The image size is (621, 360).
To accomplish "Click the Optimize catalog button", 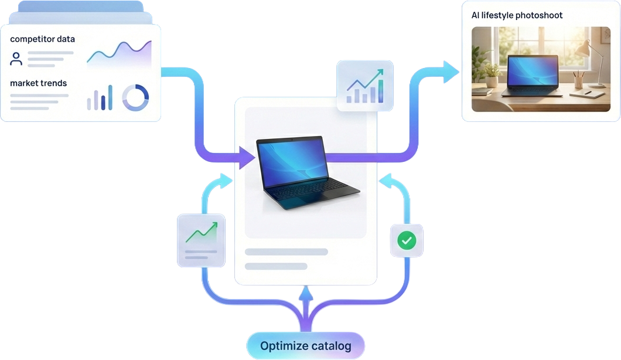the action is point(305,346).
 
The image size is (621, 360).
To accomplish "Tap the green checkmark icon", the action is point(407,240).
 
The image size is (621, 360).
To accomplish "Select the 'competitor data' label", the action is point(42,39).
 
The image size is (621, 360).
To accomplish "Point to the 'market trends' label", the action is point(38,83).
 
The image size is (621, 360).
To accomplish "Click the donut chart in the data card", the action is point(135,97).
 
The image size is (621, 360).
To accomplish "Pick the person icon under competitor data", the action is point(16,59).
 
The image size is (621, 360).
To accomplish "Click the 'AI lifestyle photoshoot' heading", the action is point(517,15).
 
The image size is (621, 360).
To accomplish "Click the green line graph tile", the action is point(201,240).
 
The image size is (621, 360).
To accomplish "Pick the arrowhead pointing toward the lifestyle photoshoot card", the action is point(451,72).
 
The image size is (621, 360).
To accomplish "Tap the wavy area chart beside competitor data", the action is point(119,54).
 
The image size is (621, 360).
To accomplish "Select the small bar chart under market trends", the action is point(100,99).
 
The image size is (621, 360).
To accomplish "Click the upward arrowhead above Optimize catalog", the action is point(305,294).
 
